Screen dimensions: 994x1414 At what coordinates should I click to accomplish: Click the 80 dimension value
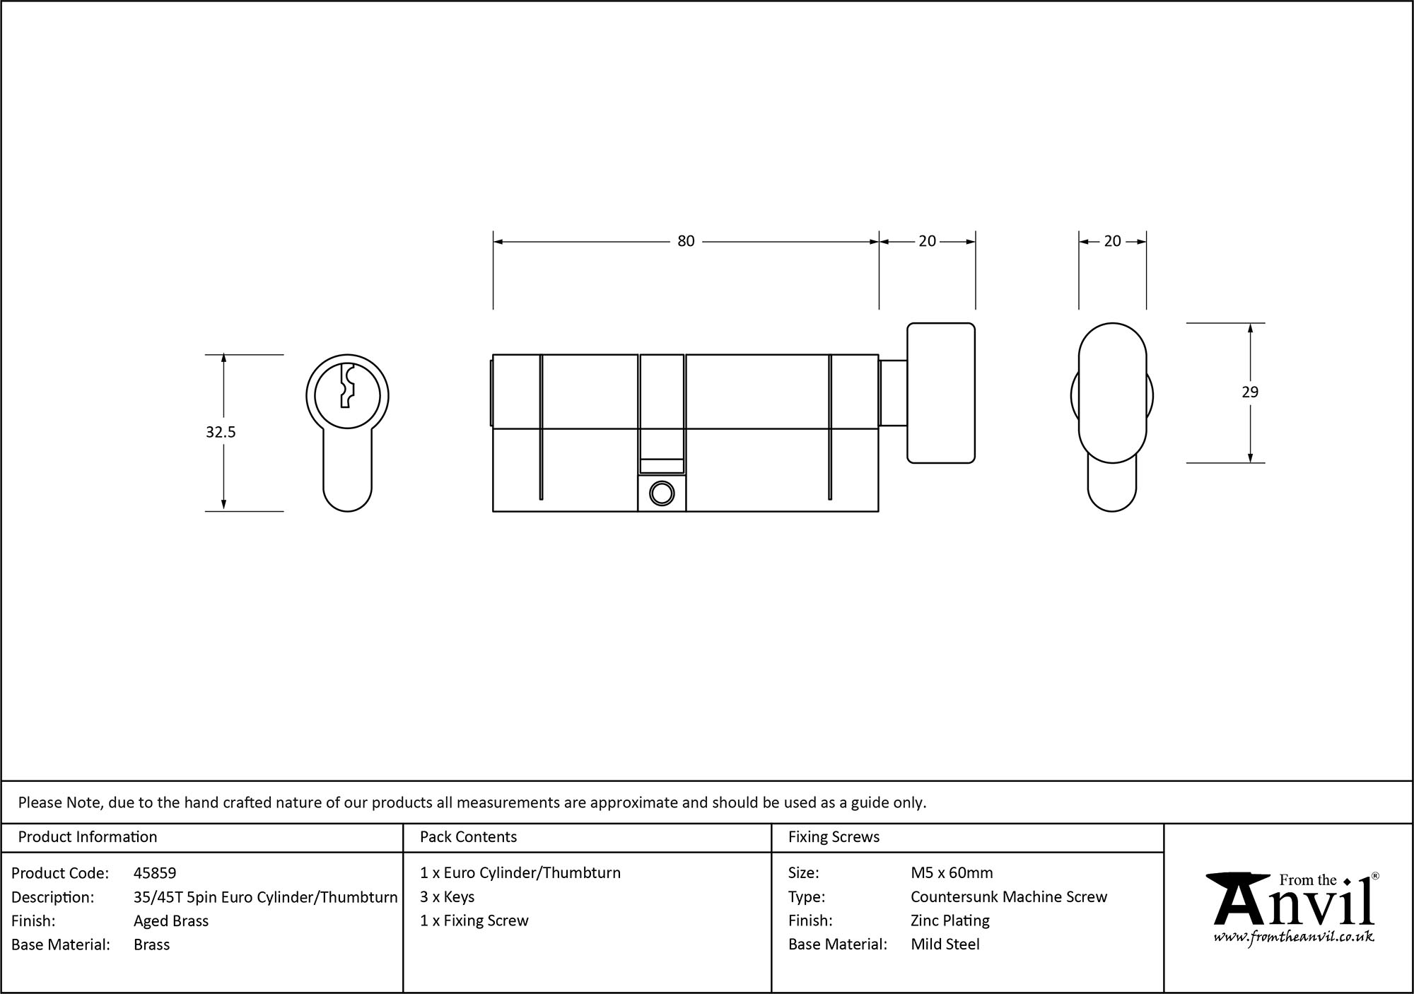686,241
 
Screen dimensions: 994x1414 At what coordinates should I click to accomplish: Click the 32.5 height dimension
221,432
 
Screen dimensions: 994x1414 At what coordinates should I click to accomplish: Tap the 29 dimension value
1250,392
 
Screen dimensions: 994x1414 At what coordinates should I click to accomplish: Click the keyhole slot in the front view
346,386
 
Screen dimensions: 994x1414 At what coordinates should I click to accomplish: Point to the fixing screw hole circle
662,493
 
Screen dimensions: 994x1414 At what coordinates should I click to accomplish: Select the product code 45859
155,873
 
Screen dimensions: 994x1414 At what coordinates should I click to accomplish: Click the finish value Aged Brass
171,920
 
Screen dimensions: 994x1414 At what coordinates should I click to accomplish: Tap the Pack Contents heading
468,837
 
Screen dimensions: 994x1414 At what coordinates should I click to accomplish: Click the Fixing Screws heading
834,837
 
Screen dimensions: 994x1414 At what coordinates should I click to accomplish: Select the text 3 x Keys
447,896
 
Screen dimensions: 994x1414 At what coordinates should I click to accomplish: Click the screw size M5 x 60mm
952,873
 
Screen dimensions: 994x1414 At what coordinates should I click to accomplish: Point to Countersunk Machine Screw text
1009,896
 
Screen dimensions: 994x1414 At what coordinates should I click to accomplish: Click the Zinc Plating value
950,920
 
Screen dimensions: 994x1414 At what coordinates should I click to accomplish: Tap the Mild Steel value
945,944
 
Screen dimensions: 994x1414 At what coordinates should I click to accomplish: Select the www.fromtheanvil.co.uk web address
1293,937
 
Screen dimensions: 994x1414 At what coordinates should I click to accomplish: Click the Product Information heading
88,837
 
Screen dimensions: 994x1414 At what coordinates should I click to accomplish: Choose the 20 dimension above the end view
1112,241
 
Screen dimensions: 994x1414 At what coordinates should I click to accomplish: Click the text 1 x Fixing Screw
474,920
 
